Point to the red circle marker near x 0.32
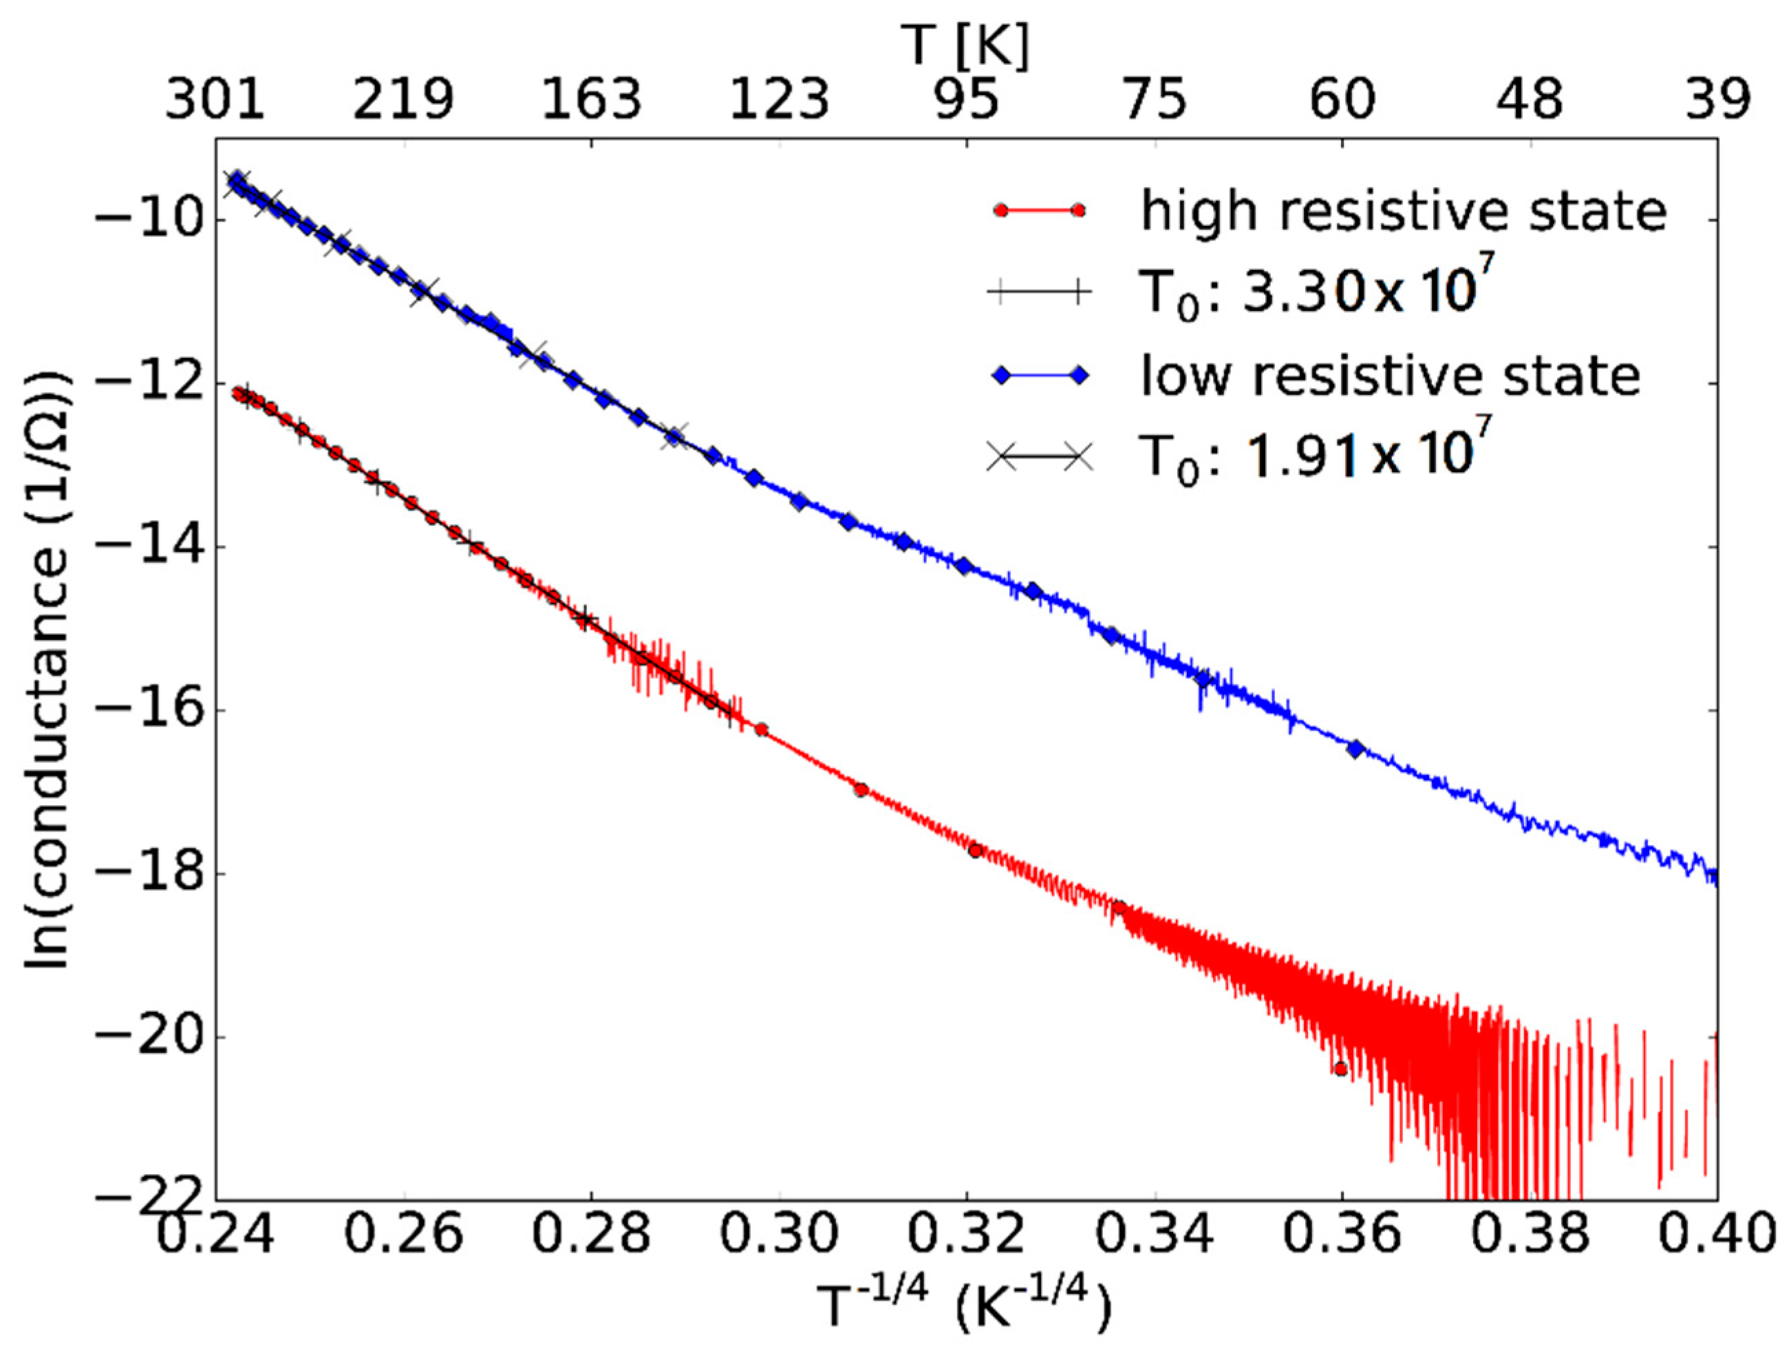pyautogui.click(x=976, y=850)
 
